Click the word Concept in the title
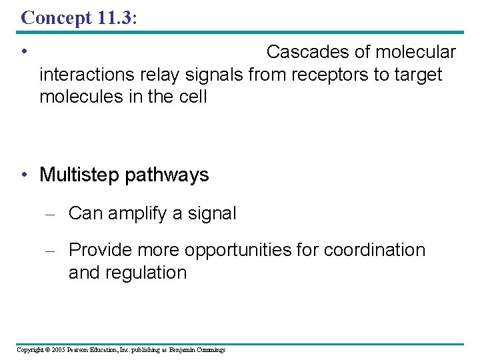click(52, 18)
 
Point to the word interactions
click(90, 74)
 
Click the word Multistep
click(79, 175)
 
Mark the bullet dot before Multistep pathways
click(23, 175)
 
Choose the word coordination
click(374, 250)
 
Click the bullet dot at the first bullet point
click(23, 51)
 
